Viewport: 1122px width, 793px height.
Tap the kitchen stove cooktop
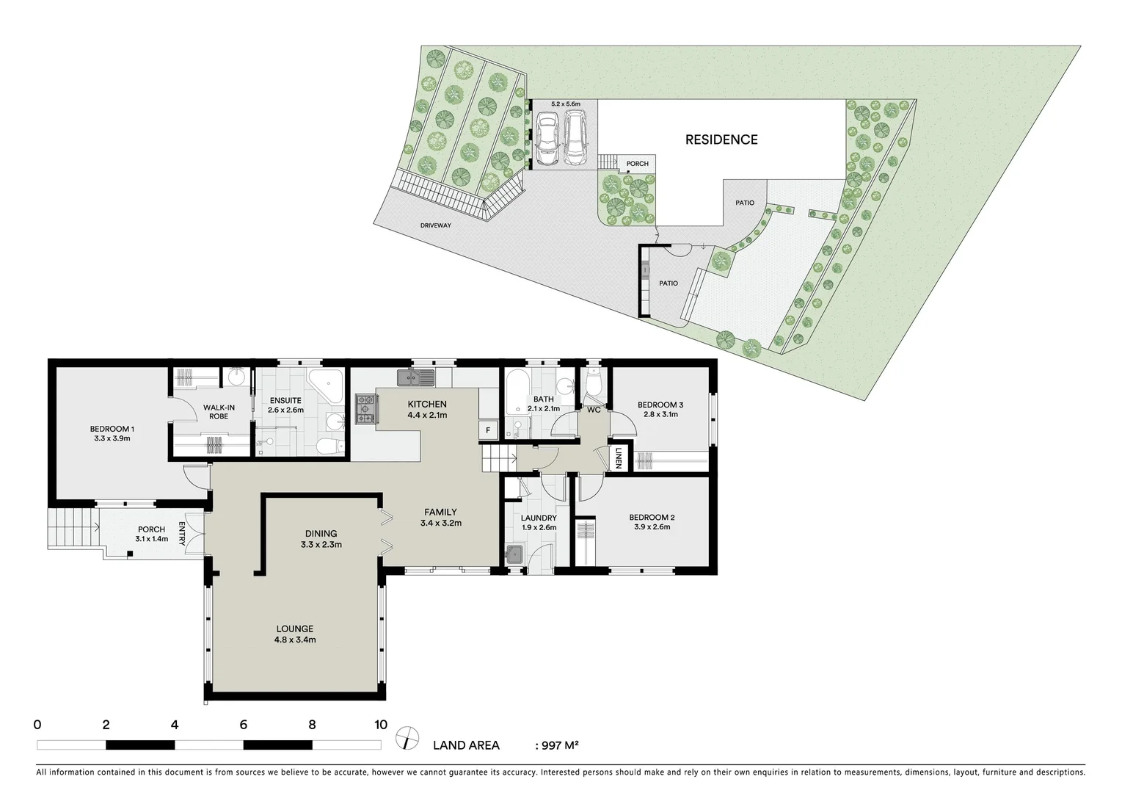pyautogui.click(x=365, y=409)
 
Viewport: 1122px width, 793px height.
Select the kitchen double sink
pyautogui.click(x=415, y=378)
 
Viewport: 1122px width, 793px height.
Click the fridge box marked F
pyautogui.click(x=487, y=430)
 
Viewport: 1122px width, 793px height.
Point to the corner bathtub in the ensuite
pyautogui.click(x=325, y=385)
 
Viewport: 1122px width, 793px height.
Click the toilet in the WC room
pyautogui.click(x=594, y=383)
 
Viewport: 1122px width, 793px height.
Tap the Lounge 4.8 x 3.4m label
pyautogui.click(x=295, y=634)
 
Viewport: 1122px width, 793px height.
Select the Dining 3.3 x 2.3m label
pyautogui.click(x=321, y=539)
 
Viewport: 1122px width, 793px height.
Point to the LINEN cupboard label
pyautogui.click(x=619, y=457)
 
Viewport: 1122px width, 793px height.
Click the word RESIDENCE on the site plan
pyautogui.click(x=721, y=140)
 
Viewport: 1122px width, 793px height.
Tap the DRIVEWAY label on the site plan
pyautogui.click(x=436, y=225)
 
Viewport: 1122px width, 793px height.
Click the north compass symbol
pyautogui.click(x=406, y=737)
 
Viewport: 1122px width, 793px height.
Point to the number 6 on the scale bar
pyautogui.click(x=243, y=725)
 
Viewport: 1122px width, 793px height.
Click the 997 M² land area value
pyautogui.click(x=560, y=745)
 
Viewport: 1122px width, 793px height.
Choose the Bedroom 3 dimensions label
pyautogui.click(x=660, y=414)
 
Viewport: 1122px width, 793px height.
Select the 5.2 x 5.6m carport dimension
pyautogui.click(x=565, y=104)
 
